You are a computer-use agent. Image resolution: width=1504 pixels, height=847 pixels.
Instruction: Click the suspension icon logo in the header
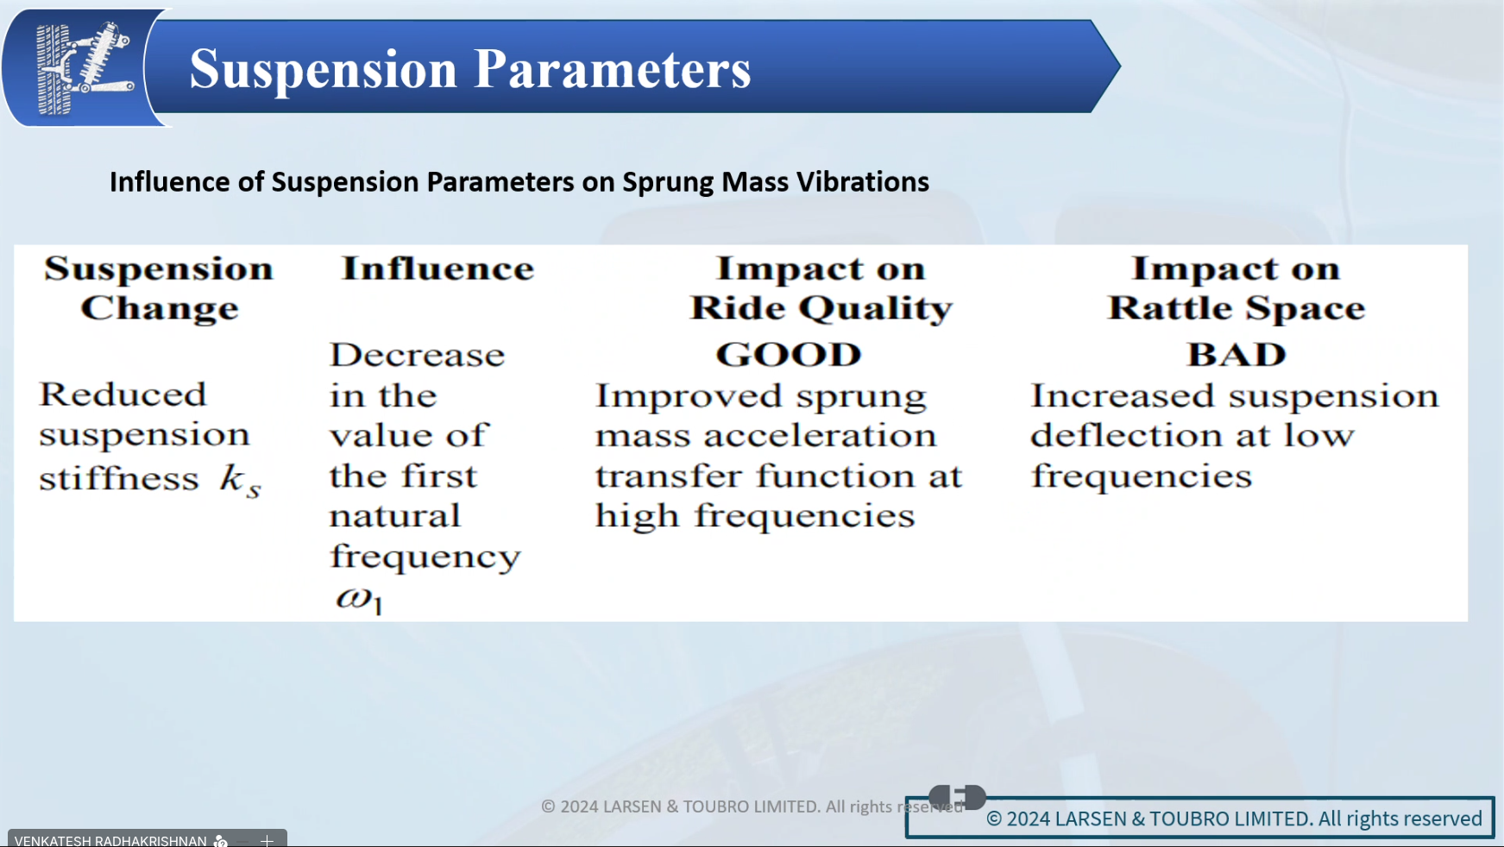(85, 67)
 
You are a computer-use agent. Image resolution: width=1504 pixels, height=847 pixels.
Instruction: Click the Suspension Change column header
(160, 288)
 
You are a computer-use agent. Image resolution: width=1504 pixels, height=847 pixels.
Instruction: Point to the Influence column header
(437, 269)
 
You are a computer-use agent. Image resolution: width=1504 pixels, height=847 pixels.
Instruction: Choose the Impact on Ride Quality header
(821, 288)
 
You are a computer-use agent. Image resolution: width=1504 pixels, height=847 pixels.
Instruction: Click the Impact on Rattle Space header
(1237, 288)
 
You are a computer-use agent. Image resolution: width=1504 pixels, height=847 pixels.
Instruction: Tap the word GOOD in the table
(789, 355)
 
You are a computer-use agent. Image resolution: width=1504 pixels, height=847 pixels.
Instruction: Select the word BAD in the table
(1237, 355)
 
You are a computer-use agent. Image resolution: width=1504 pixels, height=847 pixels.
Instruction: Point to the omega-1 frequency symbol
(359, 598)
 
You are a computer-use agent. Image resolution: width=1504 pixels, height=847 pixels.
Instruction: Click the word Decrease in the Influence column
(418, 355)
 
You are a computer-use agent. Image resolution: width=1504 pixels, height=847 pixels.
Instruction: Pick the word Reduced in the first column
(123, 395)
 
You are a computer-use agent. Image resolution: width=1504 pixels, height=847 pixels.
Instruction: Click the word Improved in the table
(689, 397)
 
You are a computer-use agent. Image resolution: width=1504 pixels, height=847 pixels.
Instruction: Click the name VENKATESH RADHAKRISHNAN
(110, 840)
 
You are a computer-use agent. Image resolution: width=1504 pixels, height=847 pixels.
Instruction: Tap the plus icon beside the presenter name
(267, 840)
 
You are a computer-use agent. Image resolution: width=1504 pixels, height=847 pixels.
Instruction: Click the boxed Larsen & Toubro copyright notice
(1199, 818)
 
